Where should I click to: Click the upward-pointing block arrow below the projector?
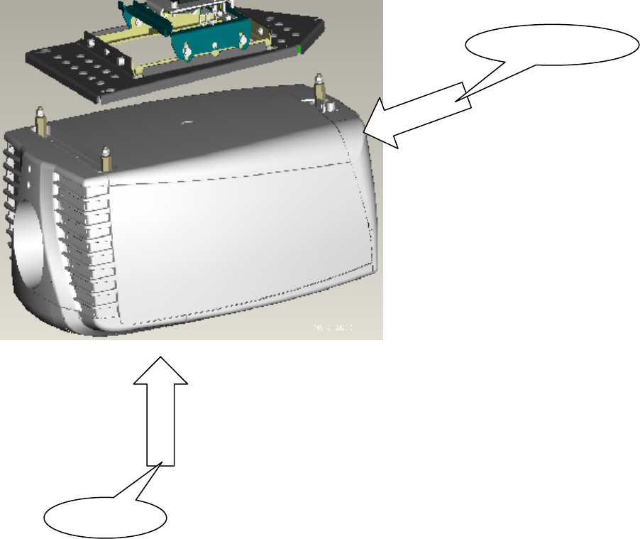pyautogui.click(x=162, y=412)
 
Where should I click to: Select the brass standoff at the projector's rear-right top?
pyautogui.click(x=319, y=87)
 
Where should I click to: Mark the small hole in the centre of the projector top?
pyautogui.click(x=186, y=122)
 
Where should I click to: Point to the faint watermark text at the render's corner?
pyautogui.click(x=333, y=328)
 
